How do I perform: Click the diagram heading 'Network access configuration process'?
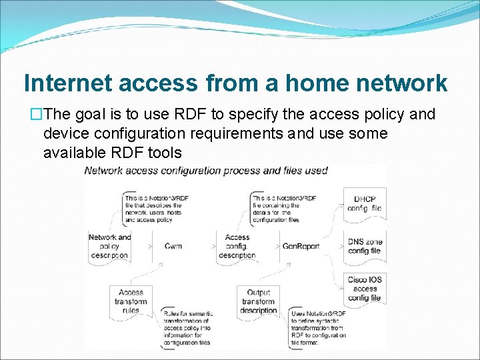click(x=206, y=171)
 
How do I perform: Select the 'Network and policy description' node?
click(x=109, y=246)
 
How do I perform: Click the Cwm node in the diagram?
click(x=173, y=246)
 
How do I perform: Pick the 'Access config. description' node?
click(x=237, y=246)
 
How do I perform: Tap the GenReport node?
click(x=301, y=246)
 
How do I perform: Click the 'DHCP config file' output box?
click(x=364, y=203)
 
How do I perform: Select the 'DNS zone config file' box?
click(x=364, y=246)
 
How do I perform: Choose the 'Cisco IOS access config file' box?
click(x=365, y=289)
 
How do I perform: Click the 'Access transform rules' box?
click(x=131, y=301)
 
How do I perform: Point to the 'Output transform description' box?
click(x=258, y=301)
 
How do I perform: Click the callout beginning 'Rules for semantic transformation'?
click(x=187, y=327)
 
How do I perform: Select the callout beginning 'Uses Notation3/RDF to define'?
click(x=318, y=327)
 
